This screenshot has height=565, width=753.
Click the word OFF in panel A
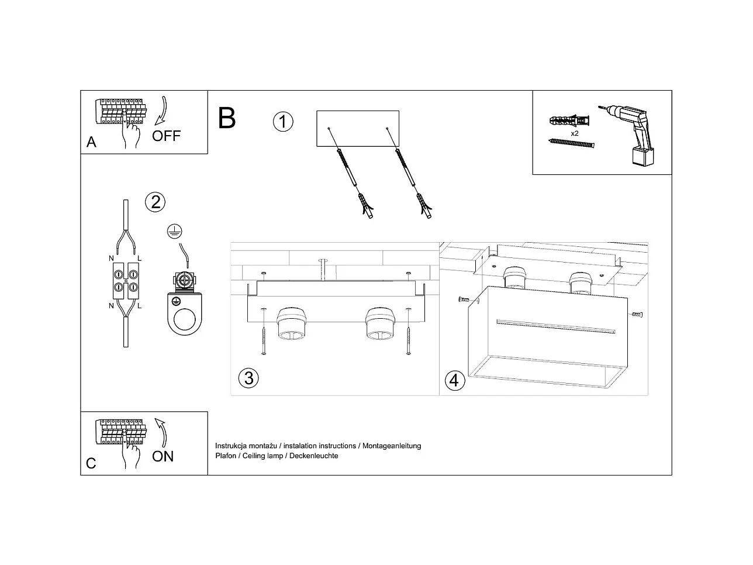click(x=167, y=136)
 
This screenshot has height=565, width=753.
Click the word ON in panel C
click(x=163, y=456)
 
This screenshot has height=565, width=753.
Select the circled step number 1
click(x=283, y=122)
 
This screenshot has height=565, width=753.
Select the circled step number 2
click(x=156, y=202)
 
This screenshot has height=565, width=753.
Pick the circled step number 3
click(x=249, y=378)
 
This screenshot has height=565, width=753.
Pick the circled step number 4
click(x=454, y=381)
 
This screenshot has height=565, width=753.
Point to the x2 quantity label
click(x=575, y=133)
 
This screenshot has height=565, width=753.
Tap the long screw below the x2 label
click(x=572, y=143)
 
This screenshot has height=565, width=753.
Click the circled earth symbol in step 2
click(x=172, y=231)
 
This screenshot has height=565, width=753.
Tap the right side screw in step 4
click(x=637, y=315)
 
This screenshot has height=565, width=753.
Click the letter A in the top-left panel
click(x=91, y=142)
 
